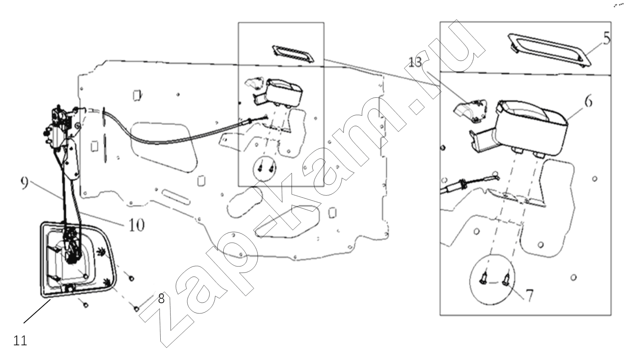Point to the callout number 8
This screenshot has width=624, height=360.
coord(161,299)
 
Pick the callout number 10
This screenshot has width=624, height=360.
coord(137,225)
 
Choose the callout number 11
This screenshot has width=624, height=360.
coord(20,340)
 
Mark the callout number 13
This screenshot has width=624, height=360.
coord(415,62)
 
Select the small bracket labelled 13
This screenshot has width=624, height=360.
coord(471,111)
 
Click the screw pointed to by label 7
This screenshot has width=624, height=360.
coord(506,279)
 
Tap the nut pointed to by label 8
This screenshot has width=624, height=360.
coord(137,309)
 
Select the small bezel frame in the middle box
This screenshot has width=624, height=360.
coord(293,54)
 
